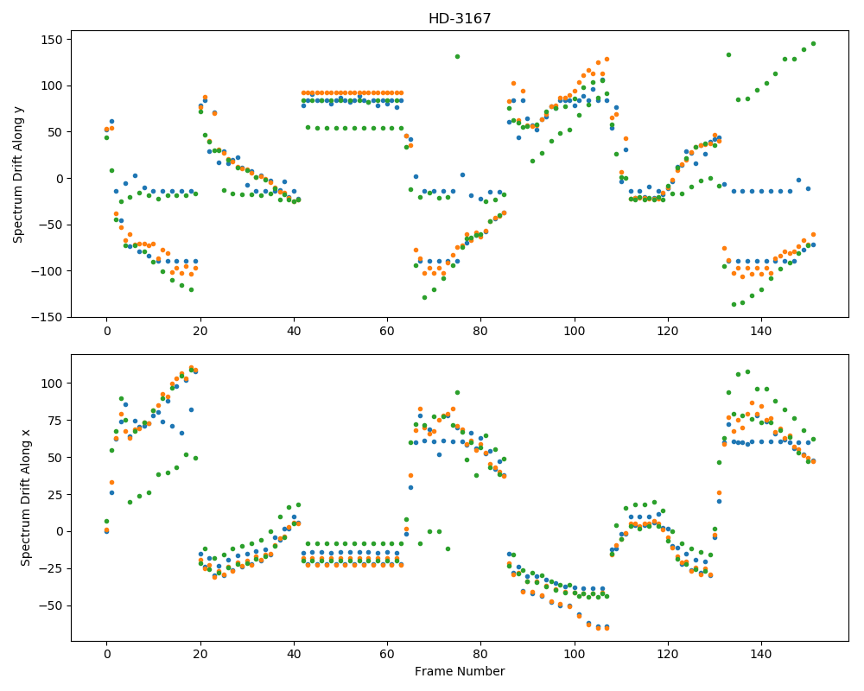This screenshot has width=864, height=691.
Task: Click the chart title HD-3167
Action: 460,19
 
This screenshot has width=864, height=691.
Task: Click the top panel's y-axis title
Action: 18,174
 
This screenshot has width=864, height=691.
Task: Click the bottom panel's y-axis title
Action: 25,498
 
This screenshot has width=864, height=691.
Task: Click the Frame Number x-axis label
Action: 460,671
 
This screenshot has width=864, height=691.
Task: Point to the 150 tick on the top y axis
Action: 53,40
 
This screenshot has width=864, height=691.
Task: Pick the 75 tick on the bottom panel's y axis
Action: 56,421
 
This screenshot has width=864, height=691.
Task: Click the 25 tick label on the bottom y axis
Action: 56,495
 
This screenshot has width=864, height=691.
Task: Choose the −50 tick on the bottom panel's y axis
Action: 53,606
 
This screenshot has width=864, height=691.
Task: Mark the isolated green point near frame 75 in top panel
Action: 457,57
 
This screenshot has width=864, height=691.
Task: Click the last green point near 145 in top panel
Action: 813,43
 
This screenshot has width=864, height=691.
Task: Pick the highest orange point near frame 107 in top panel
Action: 607,60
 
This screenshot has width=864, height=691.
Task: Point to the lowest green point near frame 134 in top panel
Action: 734,304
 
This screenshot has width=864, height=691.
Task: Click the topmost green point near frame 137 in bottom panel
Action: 747,372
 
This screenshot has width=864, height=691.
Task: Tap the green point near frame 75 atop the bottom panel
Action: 457,393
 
